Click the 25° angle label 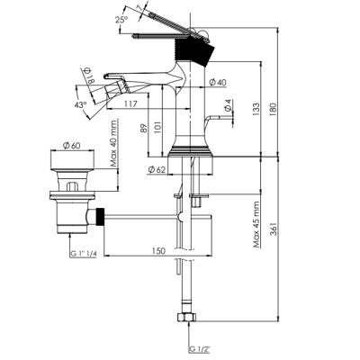[x=121, y=20]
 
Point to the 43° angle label [x=80, y=104]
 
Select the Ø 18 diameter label [x=89, y=76]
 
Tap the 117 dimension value [x=130, y=103]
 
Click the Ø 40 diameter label [x=218, y=82]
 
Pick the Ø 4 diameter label [x=228, y=105]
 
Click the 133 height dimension [x=256, y=110]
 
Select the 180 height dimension [x=274, y=110]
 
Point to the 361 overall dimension [x=274, y=229]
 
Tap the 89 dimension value [x=144, y=129]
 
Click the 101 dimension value [x=158, y=127]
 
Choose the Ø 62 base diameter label [x=157, y=170]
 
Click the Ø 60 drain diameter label [x=71, y=146]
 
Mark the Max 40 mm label [x=113, y=143]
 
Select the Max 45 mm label [x=256, y=224]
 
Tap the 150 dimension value [x=158, y=250]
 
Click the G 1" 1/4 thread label [x=84, y=254]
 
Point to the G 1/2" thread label [x=200, y=349]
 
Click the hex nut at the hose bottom [x=186, y=317]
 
